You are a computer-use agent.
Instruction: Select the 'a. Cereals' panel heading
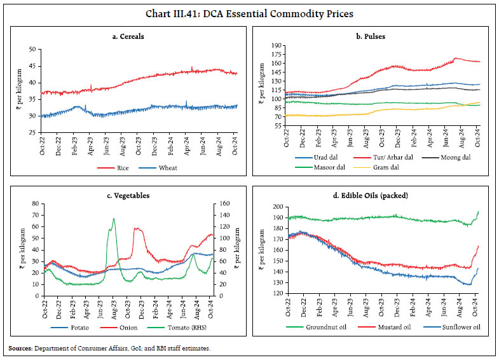click(127, 36)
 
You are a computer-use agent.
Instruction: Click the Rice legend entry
click(115, 168)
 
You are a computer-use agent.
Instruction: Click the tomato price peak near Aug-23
click(113, 219)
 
